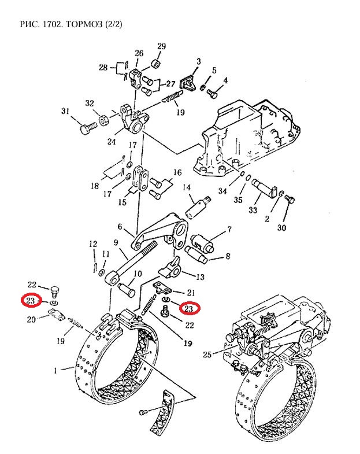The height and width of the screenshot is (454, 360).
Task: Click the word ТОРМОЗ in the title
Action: pos(84,24)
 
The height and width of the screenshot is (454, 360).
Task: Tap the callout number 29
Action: pos(161,46)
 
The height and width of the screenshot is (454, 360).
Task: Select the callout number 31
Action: pos(65,111)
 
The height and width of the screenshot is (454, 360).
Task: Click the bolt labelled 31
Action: pos(88,128)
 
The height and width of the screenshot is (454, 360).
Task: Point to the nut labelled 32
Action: pos(103,120)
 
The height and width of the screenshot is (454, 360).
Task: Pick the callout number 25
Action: pos(207,355)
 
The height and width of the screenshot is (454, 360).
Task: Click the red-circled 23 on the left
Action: pos(31,301)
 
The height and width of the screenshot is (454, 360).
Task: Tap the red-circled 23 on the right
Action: pos(189,308)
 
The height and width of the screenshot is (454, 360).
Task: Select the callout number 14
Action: pos(187,187)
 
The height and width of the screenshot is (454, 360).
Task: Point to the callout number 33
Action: pos(253,209)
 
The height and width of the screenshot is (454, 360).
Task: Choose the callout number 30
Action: pos(281,228)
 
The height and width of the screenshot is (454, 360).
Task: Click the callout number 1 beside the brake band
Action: pos(55,370)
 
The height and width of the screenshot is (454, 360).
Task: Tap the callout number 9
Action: pos(116,242)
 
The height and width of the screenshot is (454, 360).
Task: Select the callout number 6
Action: pos(120,226)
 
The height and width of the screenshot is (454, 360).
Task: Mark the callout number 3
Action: pos(199,61)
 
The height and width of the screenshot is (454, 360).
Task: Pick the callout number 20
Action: pos(31,319)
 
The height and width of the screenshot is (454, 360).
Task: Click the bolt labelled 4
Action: pos(212,94)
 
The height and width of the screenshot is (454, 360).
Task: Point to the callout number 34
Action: pos(222,191)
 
